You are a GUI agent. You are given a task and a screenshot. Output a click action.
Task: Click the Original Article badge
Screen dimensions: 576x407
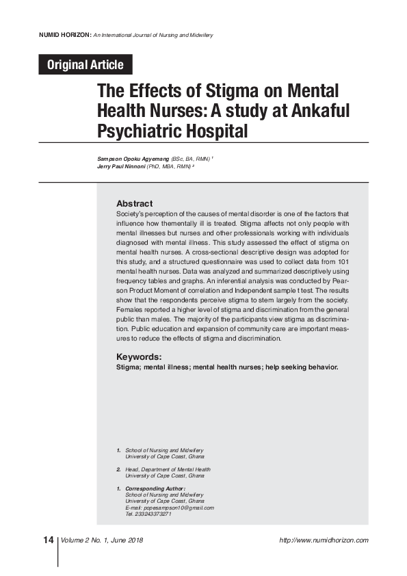tap(85, 65)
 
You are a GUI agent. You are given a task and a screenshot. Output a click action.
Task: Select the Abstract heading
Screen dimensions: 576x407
tap(134, 204)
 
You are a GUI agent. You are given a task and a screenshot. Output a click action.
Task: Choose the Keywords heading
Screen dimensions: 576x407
tap(139, 356)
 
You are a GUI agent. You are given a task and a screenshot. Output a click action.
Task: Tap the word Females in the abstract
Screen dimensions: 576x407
tap(130, 309)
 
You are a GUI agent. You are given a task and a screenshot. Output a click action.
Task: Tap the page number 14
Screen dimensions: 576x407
tap(48, 540)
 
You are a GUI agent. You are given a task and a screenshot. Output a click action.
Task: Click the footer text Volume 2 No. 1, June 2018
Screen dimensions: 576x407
tap(102, 540)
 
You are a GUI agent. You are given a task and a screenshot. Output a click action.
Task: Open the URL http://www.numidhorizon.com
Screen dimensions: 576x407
tap(324, 540)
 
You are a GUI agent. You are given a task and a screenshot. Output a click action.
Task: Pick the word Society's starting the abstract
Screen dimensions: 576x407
tap(131, 214)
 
